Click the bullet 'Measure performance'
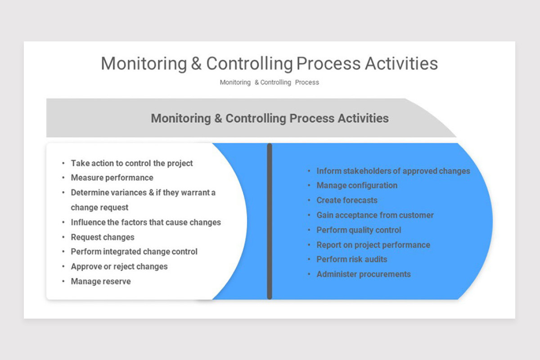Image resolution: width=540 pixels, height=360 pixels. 112,178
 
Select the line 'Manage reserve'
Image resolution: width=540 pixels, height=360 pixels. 101,281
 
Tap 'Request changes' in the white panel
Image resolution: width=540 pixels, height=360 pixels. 103,237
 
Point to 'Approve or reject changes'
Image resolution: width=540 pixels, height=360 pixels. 119,266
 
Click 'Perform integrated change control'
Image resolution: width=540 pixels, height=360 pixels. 134,252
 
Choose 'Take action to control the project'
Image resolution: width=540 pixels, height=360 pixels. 132,163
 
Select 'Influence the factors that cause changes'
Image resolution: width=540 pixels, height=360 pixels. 146,222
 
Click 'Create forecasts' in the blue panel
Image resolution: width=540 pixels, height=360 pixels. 347,200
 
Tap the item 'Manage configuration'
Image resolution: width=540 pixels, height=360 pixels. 357,185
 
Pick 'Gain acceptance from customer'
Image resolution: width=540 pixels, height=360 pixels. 375,215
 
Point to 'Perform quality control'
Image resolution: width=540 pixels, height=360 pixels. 359,230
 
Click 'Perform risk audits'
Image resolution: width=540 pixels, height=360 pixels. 352,259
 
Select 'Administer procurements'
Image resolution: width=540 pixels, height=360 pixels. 364,274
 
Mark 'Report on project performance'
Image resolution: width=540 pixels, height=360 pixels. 373,245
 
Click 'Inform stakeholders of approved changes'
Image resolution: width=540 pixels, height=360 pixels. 393,171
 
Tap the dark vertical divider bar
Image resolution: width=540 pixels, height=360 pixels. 270,221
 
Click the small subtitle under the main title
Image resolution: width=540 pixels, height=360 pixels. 269,82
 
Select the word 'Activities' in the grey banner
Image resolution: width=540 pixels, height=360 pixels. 362,118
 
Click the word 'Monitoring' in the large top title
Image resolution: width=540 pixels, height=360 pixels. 144,63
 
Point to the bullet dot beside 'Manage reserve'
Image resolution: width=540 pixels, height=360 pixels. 63,282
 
